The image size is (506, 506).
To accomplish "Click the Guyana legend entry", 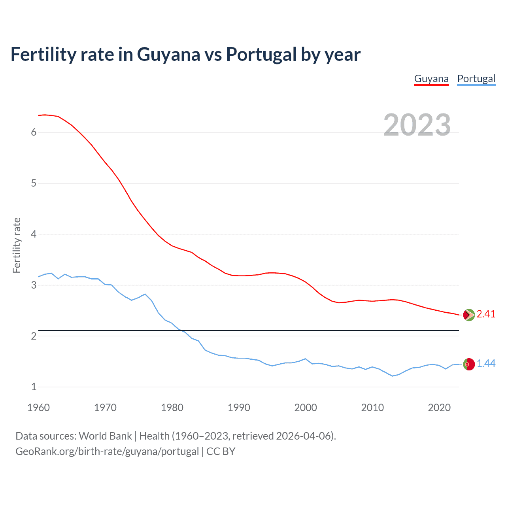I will pyautogui.click(x=431, y=79).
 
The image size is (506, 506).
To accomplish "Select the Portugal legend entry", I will pyautogui.click(x=476, y=79).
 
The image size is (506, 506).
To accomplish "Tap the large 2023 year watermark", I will pyautogui.click(x=417, y=125).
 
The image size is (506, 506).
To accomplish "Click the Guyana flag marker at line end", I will pyautogui.click(x=468, y=315).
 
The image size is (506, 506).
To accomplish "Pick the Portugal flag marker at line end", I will pyautogui.click(x=468, y=364).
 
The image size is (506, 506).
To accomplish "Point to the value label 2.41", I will pyautogui.click(x=486, y=314).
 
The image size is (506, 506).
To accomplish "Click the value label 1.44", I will pyautogui.click(x=486, y=364).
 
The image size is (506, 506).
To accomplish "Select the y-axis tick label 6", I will pyautogui.click(x=34, y=132).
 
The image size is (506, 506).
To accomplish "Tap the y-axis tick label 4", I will pyautogui.click(x=34, y=234).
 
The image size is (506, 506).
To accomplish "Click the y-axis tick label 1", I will pyautogui.click(x=34, y=387).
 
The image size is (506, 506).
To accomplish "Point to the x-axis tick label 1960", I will pyautogui.click(x=38, y=408).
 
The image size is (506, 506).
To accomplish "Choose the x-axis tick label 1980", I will pyautogui.click(x=172, y=408).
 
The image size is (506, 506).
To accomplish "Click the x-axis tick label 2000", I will pyautogui.click(x=306, y=408).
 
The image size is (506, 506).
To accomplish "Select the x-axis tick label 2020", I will pyautogui.click(x=439, y=408).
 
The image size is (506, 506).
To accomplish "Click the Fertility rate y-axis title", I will pyautogui.click(x=17, y=245).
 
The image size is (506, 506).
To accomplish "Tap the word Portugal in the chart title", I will pyautogui.click(x=261, y=54).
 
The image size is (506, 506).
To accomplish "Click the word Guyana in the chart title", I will pyautogui.click(x=169, y=55).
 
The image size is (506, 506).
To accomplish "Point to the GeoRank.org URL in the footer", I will pyautogui.click(x=107, y=451).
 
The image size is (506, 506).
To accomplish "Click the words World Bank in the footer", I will pyautogui.click(x=105, y=436).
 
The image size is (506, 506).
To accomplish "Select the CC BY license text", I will pyautogui.click(x=221, y=451).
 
